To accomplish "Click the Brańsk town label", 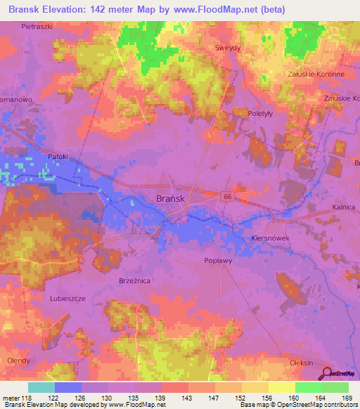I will point(169,199).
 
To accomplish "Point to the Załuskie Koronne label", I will point(316,74).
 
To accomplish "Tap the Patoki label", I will point(58,156).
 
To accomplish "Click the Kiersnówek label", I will point(271,239).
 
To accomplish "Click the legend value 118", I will point(28,398).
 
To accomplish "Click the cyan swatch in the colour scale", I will point(41,387).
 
